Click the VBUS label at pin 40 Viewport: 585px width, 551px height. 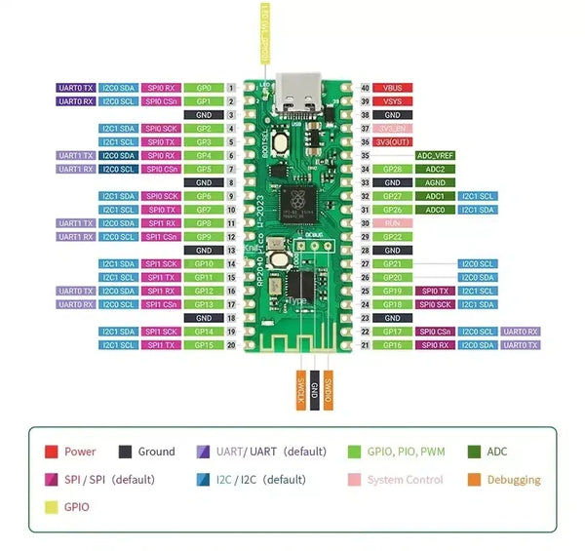tap(393, 88)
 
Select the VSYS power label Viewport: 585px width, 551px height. tap(393, 101)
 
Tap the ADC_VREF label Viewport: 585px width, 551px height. tap(435, 155)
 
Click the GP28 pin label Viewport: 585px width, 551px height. tap(393, 169)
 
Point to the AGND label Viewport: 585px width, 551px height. tap(435, 182)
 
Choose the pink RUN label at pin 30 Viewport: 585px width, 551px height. tap(393, 223)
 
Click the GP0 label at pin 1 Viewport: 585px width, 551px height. tap(204, 88)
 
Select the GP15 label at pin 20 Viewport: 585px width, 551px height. tap(204, 345)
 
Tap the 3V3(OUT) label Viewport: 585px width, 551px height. tap(393, 141)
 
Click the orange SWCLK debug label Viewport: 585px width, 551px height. tap(300, 392)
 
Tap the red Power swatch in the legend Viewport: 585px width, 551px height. tap(52, 452)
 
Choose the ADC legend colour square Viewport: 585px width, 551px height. tap(474, 452)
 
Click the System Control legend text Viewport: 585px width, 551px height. tap(405, 480)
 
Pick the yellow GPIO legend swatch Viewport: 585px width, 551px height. tap(52, 507)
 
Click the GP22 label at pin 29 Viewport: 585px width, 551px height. tap(393, 237)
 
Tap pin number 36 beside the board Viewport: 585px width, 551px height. tap(365, 141)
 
